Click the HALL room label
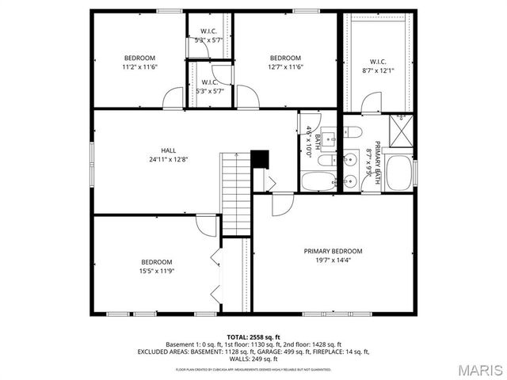click(x=168, y=150)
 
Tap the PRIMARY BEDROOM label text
click(x=334, y=252)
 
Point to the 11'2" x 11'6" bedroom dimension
click(x=139, y=66)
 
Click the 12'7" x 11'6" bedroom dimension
click(x=285, y=66)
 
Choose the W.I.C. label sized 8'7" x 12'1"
click(x=378, y=62)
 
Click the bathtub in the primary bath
click(x=401, y=173)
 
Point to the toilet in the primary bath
click(x=353, y=132)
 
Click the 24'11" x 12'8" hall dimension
click(x=168, y=159)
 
